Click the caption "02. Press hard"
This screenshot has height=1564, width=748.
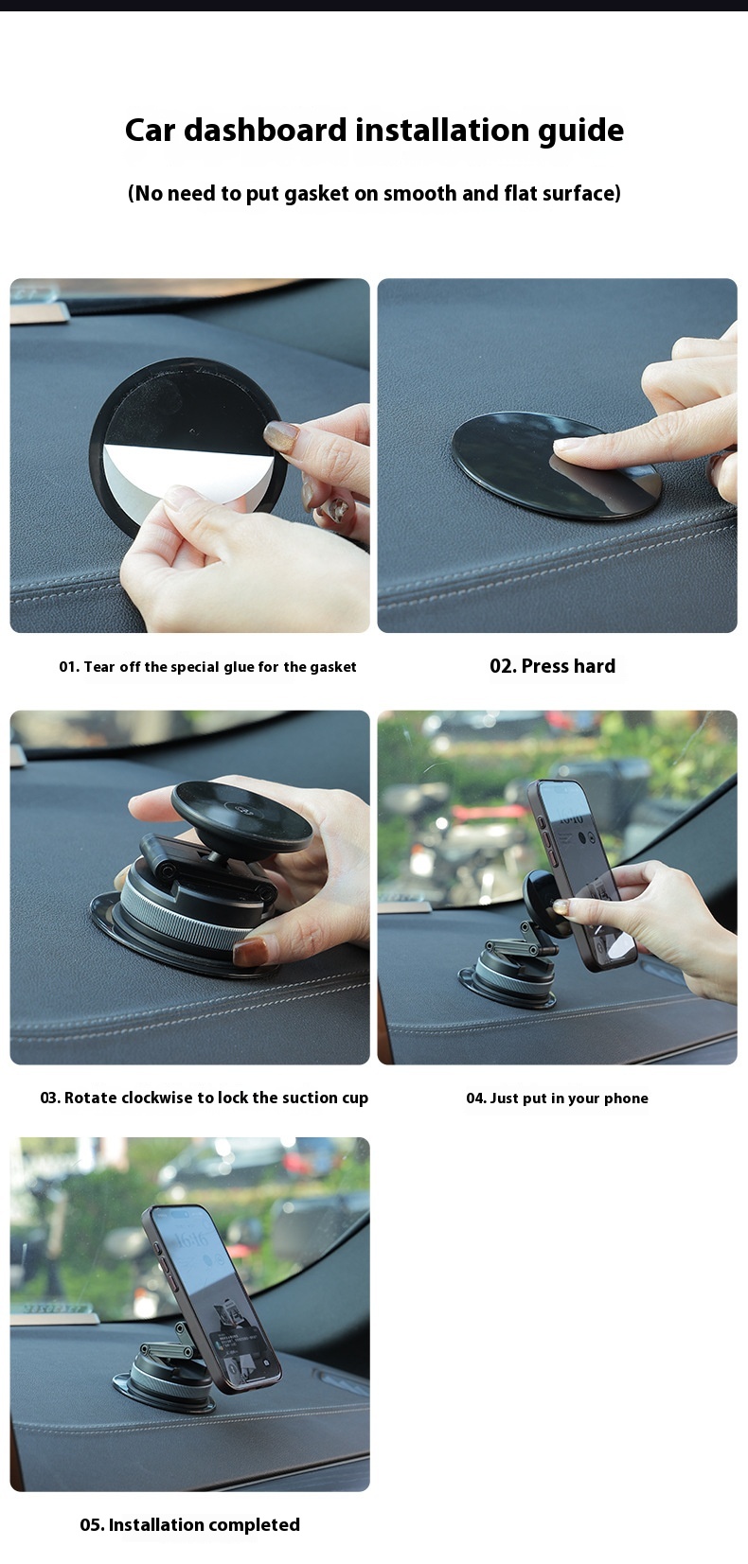(x=552, y=666)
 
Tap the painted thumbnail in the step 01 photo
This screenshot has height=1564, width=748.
(x=283, y=436)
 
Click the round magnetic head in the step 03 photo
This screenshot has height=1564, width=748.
(x=241, y=815)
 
